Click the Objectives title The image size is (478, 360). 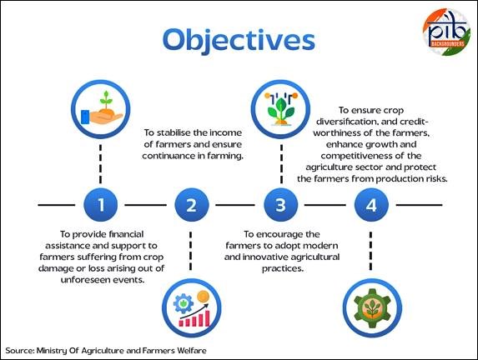click(239, 41)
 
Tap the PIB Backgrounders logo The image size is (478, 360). click(446, 32)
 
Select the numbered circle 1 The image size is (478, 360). click(101, 205)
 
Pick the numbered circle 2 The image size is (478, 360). click(191, 205)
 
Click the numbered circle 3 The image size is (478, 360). click(281, 205)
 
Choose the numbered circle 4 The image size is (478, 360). click(371, 205)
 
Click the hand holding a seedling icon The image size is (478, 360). click(101, 109)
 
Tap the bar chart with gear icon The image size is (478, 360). click(191, 307)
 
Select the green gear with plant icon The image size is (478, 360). click(372, 307)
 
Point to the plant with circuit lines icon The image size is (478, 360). click(281, 109)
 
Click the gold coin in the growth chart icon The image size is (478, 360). click(203, 296)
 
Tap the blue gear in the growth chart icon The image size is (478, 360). click(184, 303)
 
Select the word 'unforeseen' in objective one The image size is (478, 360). click(83, 280)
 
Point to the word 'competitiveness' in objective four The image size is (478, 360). click(355, 156)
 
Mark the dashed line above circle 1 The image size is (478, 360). click(101, 164)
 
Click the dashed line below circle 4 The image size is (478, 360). click(370, 251)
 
